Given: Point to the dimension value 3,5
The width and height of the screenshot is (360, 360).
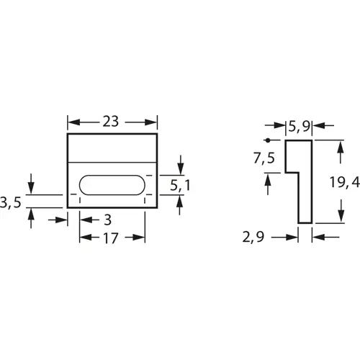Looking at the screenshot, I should [10, 204].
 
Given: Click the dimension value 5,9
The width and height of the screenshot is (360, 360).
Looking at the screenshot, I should [299, 127].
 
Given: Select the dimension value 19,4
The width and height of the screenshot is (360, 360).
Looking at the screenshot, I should [343, 184].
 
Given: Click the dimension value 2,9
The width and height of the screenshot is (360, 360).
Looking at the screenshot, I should [257, 237].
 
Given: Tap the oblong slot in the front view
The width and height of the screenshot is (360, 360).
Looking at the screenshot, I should [112, 184].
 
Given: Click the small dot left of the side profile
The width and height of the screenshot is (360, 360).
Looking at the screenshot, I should [267, 140].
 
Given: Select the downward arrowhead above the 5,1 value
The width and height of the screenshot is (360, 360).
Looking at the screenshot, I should [180, 168].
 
